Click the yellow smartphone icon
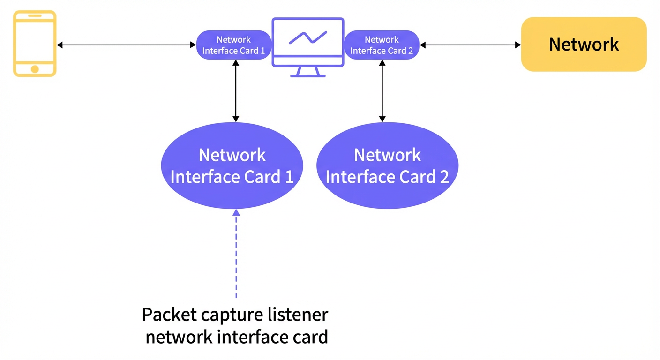[x=35, y=43]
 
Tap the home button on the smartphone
[x=35, y=69]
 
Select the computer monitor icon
[x=308, y=47]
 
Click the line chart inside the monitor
[x=308, y=37]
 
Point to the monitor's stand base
[x=308, y=76]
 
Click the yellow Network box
[x=584, y=44]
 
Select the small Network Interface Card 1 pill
[x=233, y=45]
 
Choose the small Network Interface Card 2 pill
[x=382, y=45]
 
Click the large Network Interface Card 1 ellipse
[x=232, y=165]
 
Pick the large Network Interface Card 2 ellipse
[x=387, y=165]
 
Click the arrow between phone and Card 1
[x=127, y=45]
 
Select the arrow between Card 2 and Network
[x=470, y=45]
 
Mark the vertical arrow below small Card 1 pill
[x=236, y=91]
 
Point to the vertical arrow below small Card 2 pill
[x=382, y=91]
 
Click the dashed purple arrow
[x=236, y=254]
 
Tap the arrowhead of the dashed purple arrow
[x=236, y=212]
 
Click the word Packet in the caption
[x=169, y=315]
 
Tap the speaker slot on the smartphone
[x=35, y=15]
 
